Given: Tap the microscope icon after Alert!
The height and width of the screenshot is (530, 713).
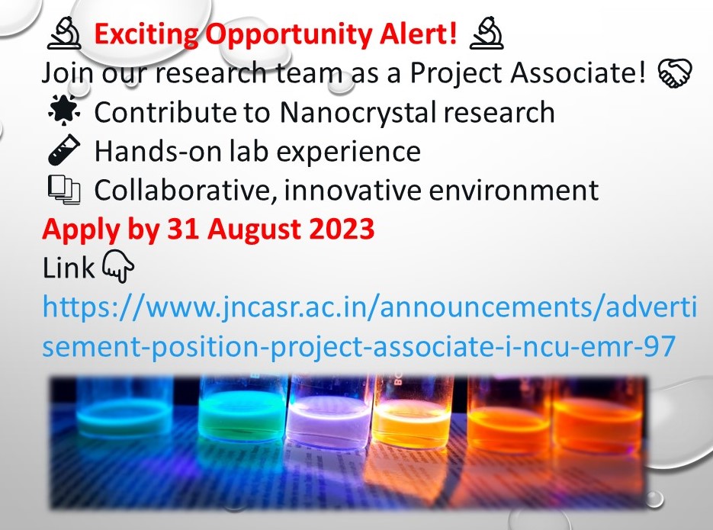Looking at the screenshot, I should click(486, 34).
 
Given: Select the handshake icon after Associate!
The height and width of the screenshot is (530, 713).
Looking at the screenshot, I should click(673, 74).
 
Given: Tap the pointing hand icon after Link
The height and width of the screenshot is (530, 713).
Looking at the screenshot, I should click(117, 268).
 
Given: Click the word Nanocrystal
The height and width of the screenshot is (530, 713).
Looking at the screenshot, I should click(357, 113).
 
